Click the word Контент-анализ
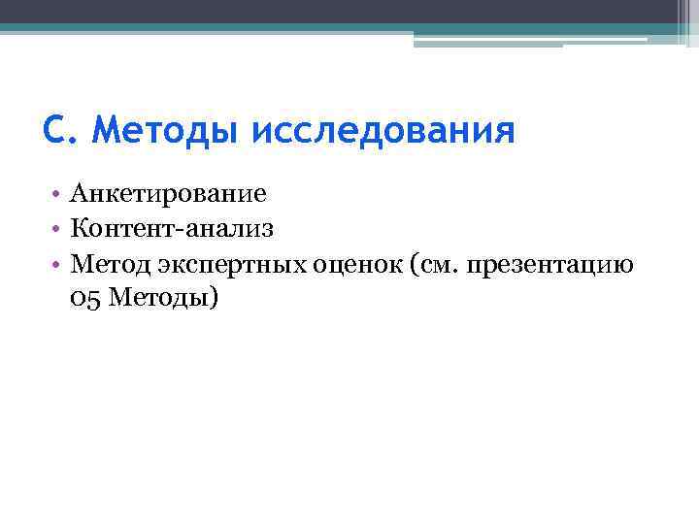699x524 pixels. (173, 229)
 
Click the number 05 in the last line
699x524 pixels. (85, 298)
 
